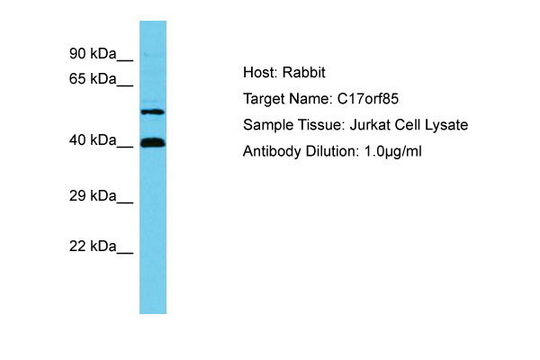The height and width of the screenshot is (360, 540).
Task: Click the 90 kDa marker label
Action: (x=93, y=54)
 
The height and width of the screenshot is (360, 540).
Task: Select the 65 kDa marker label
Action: (x=93, y=79)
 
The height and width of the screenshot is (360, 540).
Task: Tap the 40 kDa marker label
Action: (x=93, y=140)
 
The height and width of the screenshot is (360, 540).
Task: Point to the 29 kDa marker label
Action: (x=93, y=195)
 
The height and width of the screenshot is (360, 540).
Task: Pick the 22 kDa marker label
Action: (x=93, y=247)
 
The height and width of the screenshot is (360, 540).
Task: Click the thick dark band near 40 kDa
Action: (x=153, y=142)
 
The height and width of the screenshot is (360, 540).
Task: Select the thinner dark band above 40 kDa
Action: (x=153, y=112)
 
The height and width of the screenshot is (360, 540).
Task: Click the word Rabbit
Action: (x=304, y=72)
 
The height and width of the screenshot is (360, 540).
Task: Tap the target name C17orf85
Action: (x=368, y=99)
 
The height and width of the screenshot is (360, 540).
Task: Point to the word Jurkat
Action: (x=370, y=125)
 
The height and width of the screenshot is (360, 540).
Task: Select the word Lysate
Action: (x=446, y=125)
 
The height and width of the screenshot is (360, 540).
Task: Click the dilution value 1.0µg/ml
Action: (x=393, y=151)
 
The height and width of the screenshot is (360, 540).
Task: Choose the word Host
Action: (x=260, y=72)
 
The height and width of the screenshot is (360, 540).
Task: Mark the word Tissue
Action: (x=321, y=125)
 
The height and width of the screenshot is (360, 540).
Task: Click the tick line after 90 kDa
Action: (x=125, y=61)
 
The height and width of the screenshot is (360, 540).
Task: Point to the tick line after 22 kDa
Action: (x=125, y=254)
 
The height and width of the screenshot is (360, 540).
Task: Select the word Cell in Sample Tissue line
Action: (x=408, y=125)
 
